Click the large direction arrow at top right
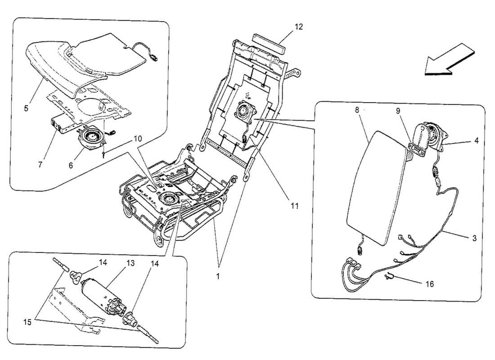[448, 60]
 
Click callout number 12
[299, 27]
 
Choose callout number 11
[294, 206]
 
